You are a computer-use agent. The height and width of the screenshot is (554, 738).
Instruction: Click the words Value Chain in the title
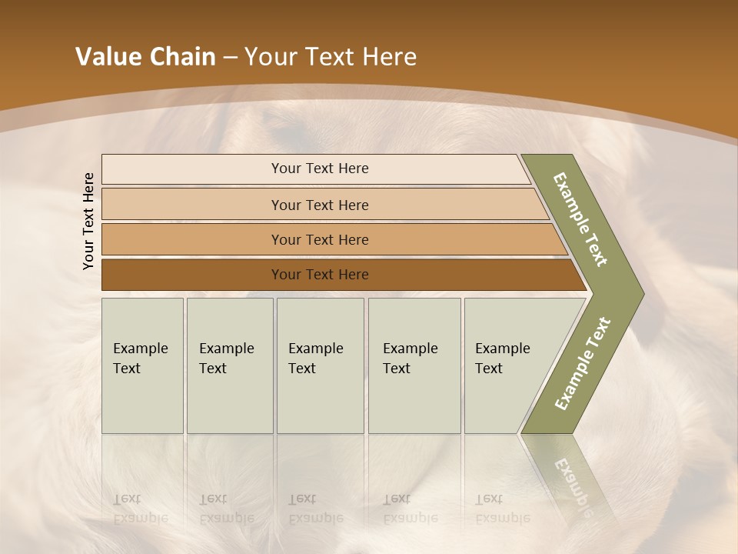[145, 57]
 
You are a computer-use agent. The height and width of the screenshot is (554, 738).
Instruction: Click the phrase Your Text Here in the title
[331, 57]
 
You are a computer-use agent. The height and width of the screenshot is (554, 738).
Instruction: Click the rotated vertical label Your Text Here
[88, 221]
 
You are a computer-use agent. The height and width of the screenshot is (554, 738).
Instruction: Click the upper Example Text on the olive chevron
[580, 219]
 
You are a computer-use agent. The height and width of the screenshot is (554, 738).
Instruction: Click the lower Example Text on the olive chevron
[582, 364]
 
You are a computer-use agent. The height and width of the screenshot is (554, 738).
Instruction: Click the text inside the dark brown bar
[320, 275]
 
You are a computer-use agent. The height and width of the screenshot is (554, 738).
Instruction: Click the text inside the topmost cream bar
[320, 169]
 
